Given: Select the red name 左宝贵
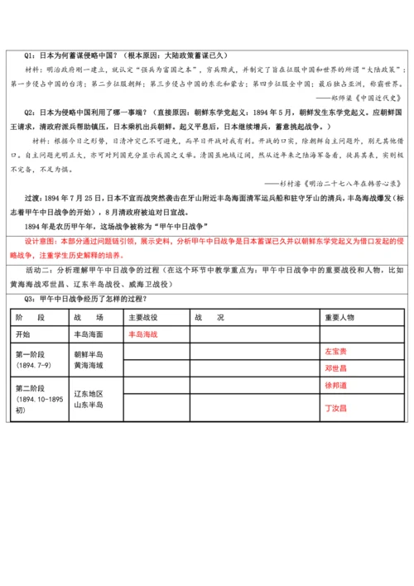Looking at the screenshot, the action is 335,351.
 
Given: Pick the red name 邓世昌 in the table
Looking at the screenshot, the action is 335,367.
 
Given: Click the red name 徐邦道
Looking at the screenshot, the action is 335,385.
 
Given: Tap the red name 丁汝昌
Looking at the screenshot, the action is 335,408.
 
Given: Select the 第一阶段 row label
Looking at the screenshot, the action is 30,353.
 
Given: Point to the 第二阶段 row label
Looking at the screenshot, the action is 30,389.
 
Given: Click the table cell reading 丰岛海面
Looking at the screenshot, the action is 88,334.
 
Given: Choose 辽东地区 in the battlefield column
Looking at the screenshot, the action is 88,392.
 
